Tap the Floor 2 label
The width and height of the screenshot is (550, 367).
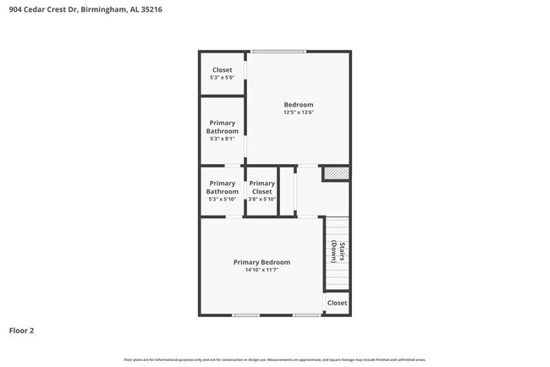click(21, 331)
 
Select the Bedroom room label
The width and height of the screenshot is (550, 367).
click(298, 105)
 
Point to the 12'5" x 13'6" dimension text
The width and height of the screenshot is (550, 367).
click(298, 112)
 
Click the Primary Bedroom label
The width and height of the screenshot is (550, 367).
click(261, 262)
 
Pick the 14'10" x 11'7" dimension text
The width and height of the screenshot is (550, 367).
click(261, 271)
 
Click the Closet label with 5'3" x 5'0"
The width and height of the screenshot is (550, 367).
click(222, 70)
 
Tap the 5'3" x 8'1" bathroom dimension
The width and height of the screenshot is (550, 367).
click(222, 139)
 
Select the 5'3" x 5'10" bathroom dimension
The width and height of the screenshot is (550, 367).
click(222, 199)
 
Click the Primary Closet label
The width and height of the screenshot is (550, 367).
click(261, 187)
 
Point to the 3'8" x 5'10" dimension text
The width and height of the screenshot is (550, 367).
click(261, 199)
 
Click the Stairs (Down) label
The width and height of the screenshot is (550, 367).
click(335, 253)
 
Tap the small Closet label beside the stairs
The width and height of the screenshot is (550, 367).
click(337, 303)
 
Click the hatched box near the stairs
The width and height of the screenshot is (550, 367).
click(336, 173)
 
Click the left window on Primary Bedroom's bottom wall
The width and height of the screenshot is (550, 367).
click(246, 315)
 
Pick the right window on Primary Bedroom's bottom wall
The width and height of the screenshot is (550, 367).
click(306, 315)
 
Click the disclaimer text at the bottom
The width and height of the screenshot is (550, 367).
click(274, 359)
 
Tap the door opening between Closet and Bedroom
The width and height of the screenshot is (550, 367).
click(245, 68)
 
